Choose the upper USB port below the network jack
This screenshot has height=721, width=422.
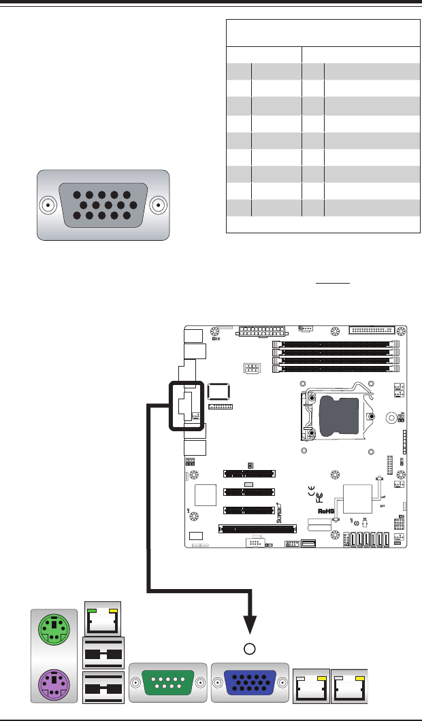coord(103,654)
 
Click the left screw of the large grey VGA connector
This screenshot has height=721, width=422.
coord(48,205)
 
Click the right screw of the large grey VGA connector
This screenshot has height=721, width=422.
coord(159,205)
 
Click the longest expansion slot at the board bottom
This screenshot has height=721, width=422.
coord(257,527)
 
